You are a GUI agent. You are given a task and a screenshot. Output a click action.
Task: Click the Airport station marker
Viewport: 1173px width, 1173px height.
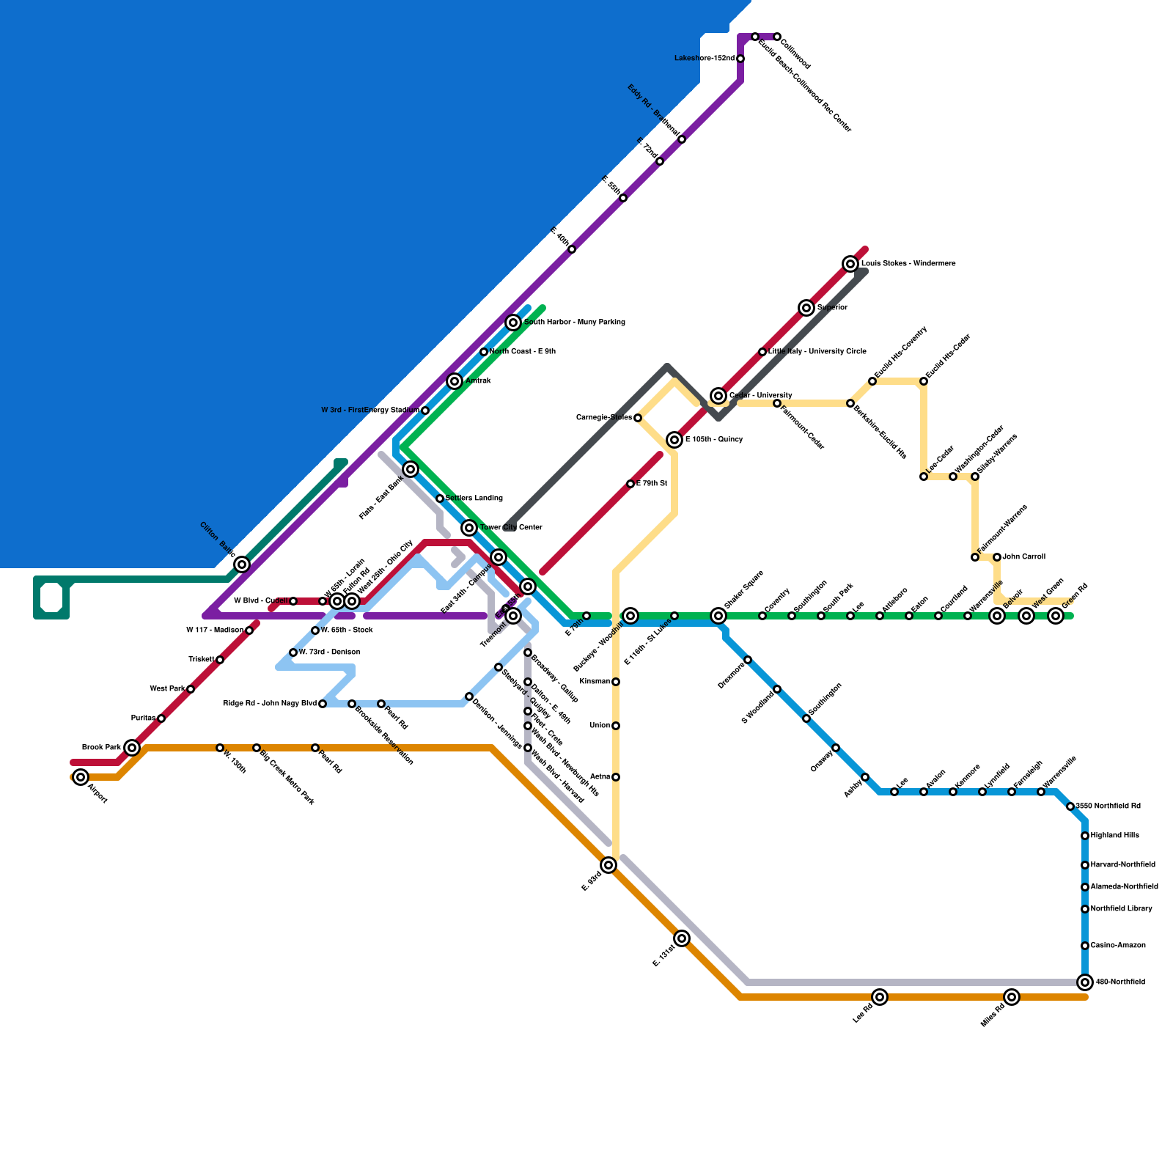pos(81,777)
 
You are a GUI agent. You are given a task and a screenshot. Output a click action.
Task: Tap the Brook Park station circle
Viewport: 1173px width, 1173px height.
pos(132,748)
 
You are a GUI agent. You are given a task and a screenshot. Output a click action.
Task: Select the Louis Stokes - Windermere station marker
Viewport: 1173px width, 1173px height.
pos(850,264)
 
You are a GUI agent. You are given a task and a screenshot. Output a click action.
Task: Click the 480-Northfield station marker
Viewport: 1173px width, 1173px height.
pos(1085,982)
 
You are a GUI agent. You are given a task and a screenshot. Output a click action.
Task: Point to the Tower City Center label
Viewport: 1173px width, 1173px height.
pos(511,528)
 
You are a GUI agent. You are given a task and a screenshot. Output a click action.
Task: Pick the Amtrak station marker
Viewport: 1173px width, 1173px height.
pos(455,381)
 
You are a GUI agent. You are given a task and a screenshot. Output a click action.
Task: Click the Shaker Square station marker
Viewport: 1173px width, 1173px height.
pos(718,616)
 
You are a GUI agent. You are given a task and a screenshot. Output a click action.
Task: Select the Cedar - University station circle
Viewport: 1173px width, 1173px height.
pos(718,396)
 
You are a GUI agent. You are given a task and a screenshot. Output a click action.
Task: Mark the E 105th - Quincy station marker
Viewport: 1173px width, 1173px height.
pos(674,440)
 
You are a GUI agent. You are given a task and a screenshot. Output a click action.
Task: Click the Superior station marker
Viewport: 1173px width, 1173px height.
pos(806,308)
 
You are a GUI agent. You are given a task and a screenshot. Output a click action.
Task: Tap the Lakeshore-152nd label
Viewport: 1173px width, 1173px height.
pos(704,59)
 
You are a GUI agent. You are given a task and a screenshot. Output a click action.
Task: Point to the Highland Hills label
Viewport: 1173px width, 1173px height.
pos(1114,836)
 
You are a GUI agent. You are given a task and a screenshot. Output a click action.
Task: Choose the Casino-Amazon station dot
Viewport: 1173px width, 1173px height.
pos(1085,946)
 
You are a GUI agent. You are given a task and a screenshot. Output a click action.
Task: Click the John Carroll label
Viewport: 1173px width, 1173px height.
pos(1023,557)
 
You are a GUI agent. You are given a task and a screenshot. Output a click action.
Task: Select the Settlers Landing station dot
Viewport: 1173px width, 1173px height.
pos(440,499)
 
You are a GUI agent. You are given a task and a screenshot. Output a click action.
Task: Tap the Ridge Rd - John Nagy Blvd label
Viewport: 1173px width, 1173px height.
pos(269,704)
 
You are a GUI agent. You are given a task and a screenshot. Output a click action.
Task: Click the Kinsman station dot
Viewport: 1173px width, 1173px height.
pos(616,682)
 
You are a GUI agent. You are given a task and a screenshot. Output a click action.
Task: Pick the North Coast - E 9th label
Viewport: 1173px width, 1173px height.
pos(522,352)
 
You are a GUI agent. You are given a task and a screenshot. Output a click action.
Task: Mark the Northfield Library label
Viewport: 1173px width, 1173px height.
pos(1121,909)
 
